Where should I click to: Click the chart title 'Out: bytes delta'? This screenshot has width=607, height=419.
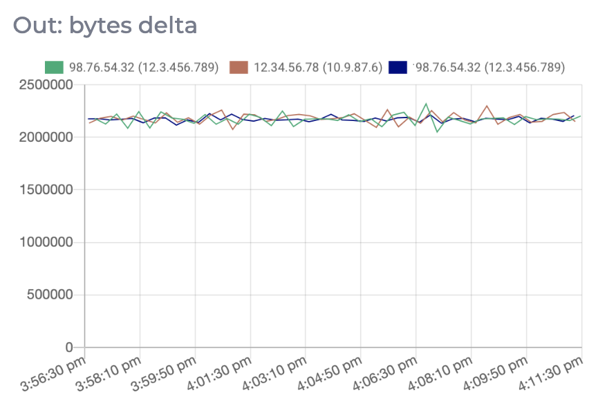tap(105, 26)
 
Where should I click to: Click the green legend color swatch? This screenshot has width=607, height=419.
tap(54, 67)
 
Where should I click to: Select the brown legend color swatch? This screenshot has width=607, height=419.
tap(239, 67)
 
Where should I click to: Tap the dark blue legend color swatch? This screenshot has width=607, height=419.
tap(398, 67)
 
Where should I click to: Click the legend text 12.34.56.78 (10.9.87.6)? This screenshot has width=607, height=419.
tap(318, 67)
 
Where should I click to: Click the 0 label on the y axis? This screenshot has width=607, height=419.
tap(70, 347)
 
